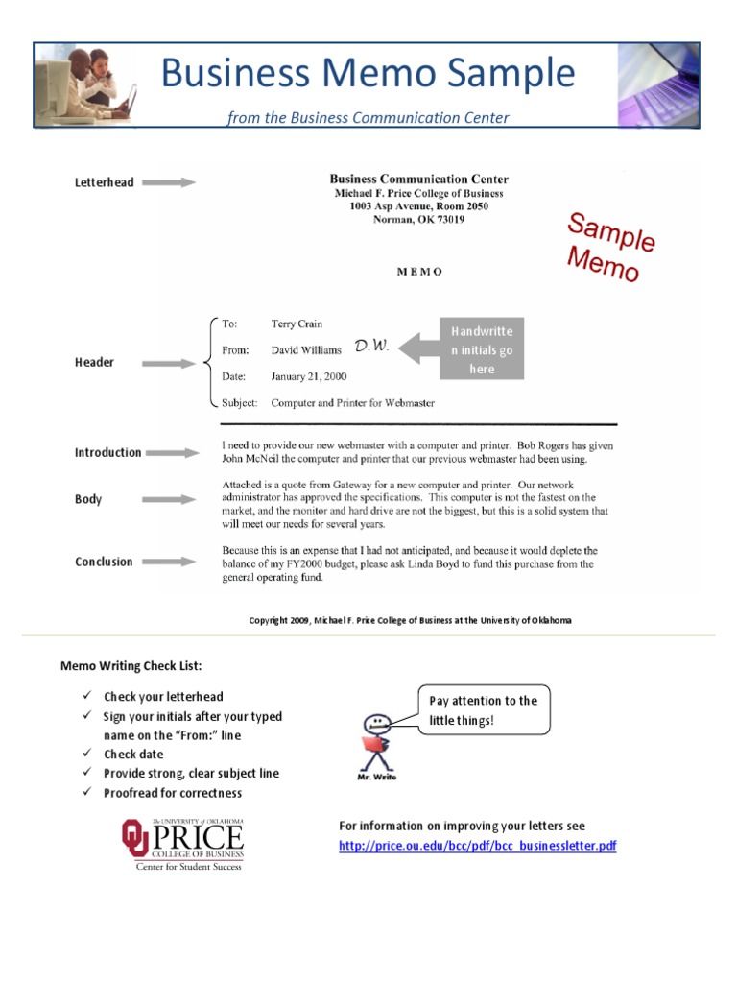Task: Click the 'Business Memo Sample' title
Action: coord(368,74)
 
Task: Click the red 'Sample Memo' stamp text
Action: coord(609,248)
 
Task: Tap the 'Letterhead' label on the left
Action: coord(105,182)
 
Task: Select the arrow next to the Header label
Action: coord(174,363)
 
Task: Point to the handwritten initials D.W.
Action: coord(371,346)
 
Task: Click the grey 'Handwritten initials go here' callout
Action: coord(482,349)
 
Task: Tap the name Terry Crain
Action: coord(297,324)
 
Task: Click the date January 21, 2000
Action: coord(308,376)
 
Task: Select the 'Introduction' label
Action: coord(107,452)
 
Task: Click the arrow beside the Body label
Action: coord(174,499)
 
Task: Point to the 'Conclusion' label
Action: coord(104,562)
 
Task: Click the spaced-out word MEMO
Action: coord(420,272)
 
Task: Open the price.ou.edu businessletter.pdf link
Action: coord(477,846)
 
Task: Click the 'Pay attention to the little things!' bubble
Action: coord(484,710)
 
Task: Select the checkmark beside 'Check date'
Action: coord(86,755)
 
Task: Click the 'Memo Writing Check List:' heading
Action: coord(131,665)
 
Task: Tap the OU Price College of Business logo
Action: coord(182,844)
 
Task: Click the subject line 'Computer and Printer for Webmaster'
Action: coord(352,403)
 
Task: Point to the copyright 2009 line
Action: coord(410,620)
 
